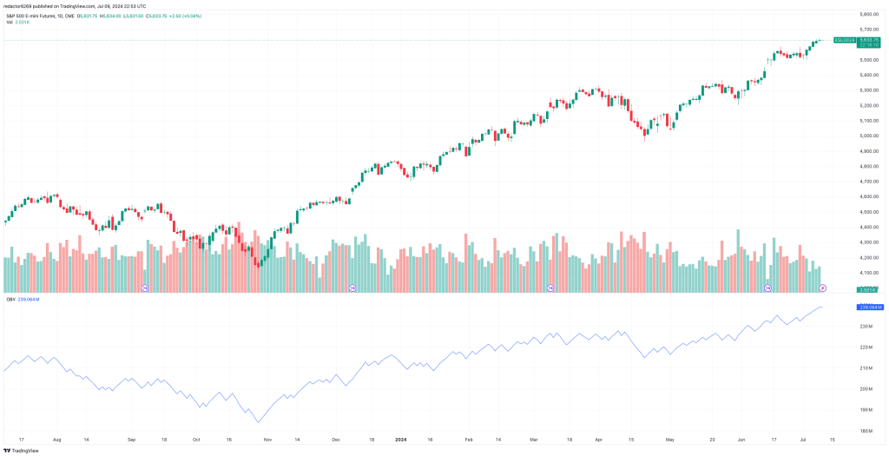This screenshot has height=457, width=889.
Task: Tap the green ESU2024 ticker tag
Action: point(844,40)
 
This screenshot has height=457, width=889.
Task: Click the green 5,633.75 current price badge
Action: point(870,40)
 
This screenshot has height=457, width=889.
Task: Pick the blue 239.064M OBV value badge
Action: point(870,308)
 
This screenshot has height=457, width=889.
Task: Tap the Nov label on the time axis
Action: point(267,440)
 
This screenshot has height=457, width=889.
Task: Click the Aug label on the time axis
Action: point(57,440)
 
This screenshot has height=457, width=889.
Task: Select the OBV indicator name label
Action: point(10,299)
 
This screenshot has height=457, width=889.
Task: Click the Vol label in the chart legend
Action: point(10,22)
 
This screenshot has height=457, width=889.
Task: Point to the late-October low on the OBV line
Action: point(258,422)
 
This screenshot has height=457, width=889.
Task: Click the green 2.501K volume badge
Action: point(869,289)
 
